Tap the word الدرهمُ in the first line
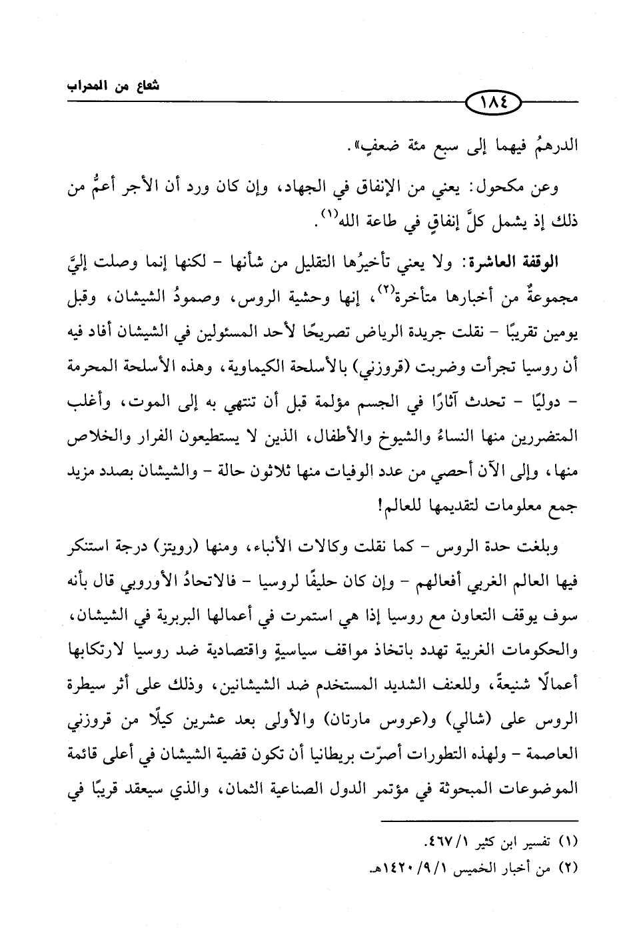tap(547, 144)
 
